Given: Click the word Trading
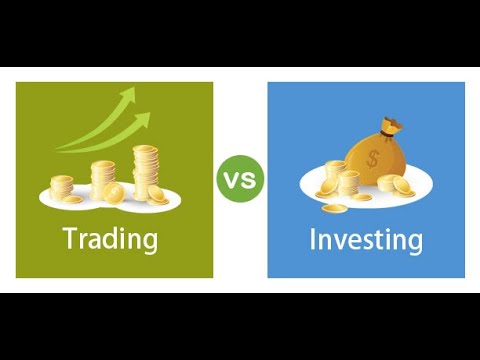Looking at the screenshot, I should point(110,240).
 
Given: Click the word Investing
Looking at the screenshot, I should point(365,241).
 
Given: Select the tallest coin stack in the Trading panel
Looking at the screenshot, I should point(146,171).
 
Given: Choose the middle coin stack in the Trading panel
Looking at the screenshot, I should point(103,177).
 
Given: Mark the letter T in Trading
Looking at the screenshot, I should point(70,239).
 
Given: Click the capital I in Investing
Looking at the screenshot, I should point(313,240).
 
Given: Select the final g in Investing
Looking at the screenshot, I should point(414,244).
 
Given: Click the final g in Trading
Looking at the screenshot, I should point(150,243).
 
